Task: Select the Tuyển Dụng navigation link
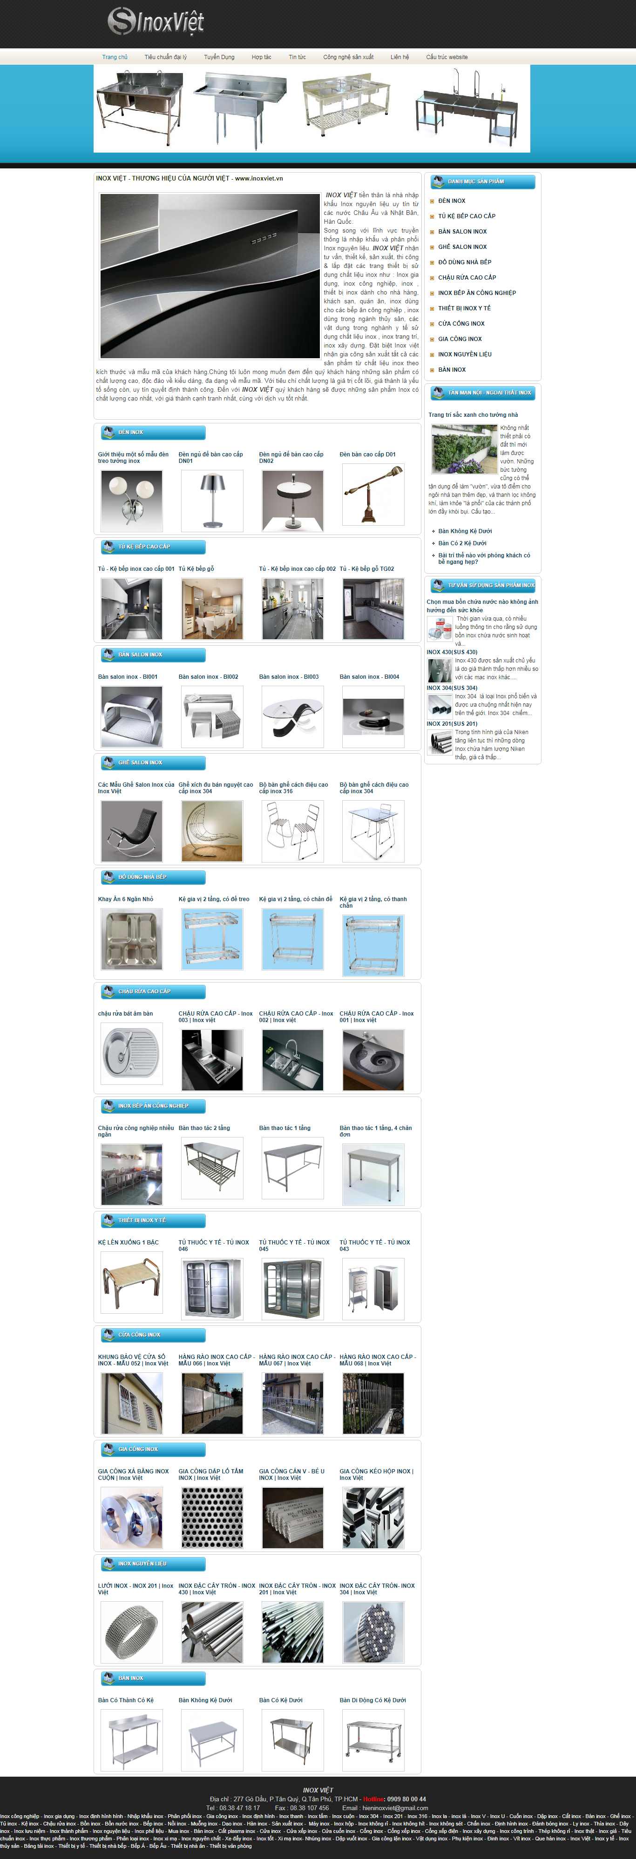point(219,57)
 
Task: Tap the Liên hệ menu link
point(399,57)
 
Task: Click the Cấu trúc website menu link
point(446,57)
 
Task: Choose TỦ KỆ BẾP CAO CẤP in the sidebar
point(467,216)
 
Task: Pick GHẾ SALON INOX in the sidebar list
point(462,247)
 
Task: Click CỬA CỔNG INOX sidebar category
point(460,323)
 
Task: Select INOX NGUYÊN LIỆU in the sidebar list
point(464,354)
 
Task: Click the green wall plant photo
point(464,448)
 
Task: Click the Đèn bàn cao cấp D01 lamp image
point(372,495)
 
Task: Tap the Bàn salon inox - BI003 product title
point(289,677)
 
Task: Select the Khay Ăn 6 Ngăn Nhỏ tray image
point(131,939)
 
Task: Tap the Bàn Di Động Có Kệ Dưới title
point(372,1700)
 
